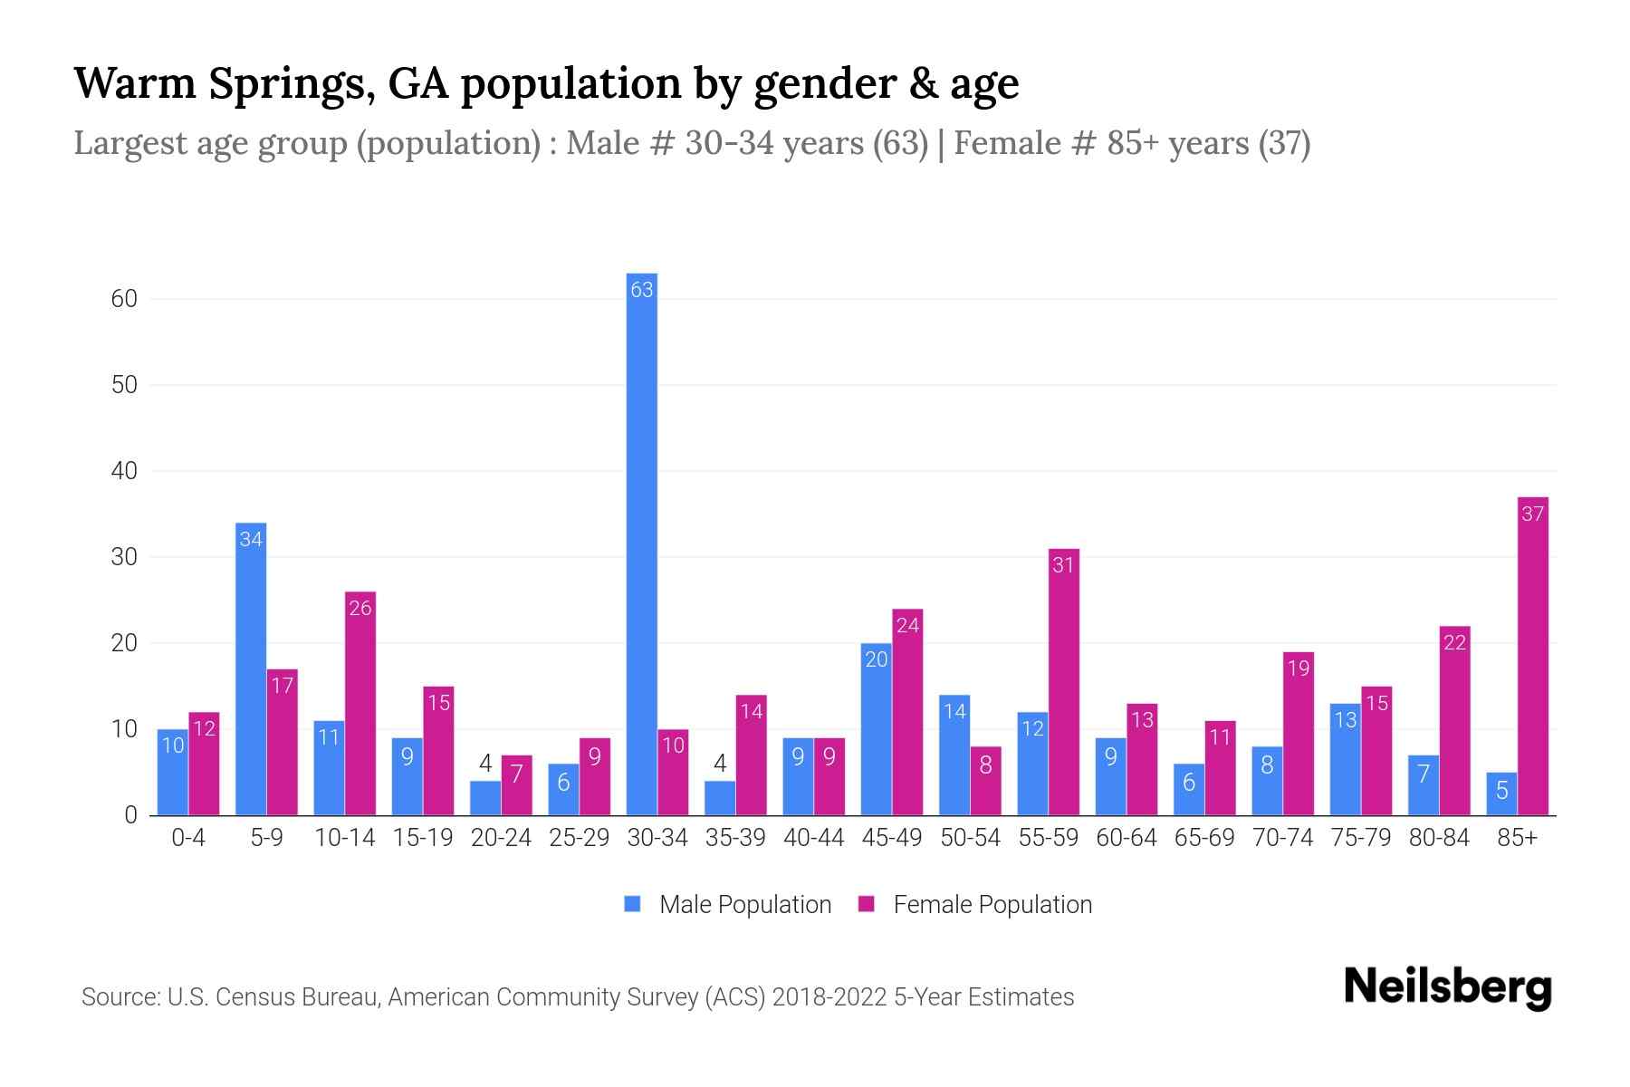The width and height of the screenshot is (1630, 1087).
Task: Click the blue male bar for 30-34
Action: [x=642, y=543]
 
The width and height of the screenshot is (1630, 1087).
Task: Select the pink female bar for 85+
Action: [x=1532, y=657]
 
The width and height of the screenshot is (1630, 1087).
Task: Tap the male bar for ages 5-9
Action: [x=251, y=670]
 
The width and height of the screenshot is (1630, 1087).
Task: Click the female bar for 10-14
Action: [x=360, y=704]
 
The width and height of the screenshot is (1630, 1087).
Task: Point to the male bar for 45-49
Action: [x=876, y=729]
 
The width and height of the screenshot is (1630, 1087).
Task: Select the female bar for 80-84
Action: [x=1454, y=721]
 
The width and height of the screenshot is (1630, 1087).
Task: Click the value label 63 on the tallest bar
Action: [x=642, y=290]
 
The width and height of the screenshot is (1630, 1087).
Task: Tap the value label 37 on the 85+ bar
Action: [x=1532, y=514]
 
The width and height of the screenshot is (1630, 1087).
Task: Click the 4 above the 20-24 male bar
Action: [x=485, y=763]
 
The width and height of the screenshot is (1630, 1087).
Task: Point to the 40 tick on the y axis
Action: [x=124, y=471]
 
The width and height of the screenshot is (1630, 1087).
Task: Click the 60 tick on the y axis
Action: [x=124, y=299]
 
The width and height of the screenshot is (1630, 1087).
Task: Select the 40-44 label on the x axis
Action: [x=813, y=838]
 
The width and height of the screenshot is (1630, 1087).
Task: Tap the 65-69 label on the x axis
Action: [x=1203, y=838]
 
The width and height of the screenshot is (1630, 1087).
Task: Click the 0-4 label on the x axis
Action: [x=188, y=838]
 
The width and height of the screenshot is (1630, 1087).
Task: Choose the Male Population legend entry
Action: [x=729, y=904]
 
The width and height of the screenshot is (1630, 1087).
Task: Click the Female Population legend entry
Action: [x=976, y=904]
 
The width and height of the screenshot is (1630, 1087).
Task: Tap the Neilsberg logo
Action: [x=1447, y=987]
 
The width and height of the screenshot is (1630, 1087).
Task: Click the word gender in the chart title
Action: [x=814, y=83]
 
